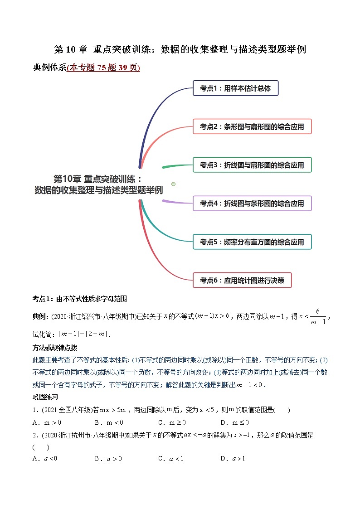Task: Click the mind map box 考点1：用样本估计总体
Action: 235,88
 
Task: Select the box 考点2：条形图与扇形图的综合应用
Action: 252,126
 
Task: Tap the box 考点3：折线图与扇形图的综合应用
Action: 252,165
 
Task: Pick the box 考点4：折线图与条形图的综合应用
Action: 252,204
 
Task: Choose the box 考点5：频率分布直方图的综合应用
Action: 252,242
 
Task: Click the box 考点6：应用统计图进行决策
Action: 242,281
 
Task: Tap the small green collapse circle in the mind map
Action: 173,184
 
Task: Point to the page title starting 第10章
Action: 180,49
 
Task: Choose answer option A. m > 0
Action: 47,422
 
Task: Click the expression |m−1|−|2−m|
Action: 84,334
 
